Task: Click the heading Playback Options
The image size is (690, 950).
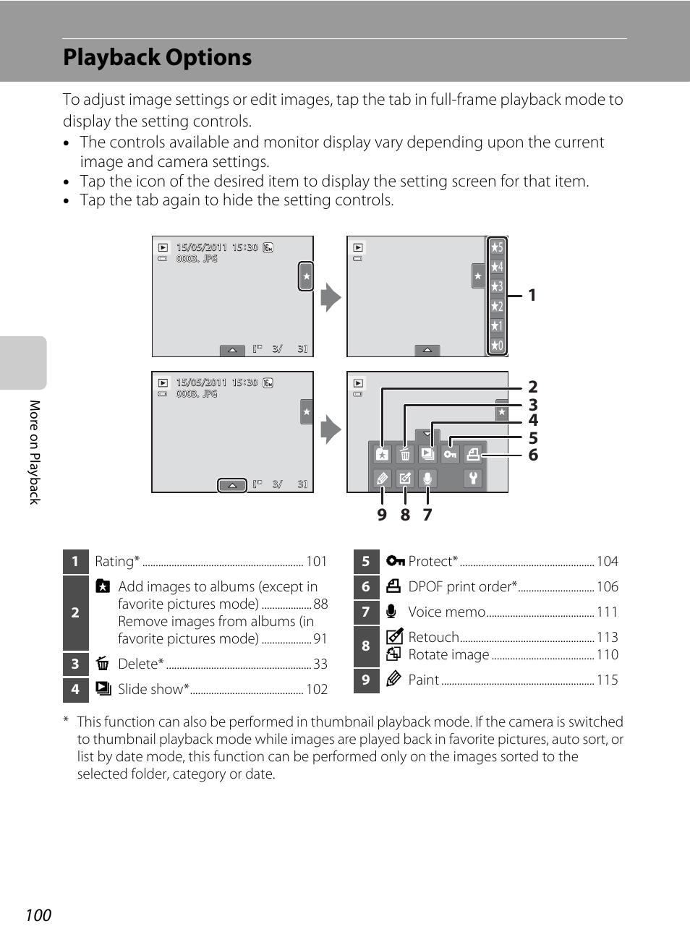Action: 157,58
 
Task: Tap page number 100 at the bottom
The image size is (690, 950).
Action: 38,915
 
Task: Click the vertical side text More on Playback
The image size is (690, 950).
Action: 34,452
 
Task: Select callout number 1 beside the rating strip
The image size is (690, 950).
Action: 532,295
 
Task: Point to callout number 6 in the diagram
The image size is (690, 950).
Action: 533,455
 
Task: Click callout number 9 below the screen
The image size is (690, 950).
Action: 382,515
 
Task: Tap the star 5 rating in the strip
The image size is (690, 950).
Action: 497,247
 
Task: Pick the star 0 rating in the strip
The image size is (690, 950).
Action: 497,346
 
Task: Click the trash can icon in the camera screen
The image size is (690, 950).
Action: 405,454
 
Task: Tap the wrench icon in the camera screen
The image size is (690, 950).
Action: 473,478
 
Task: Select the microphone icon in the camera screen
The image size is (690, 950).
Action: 427,478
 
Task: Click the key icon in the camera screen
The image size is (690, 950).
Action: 450,454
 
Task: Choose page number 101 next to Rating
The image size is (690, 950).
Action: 317,562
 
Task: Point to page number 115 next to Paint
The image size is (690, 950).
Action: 607,680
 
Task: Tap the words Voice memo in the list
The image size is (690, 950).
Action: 446,612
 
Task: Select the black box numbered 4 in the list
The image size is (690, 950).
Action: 75,690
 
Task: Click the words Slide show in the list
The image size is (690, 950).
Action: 150,690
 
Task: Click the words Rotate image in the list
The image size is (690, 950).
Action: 448,655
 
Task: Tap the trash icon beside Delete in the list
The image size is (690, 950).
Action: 103,664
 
